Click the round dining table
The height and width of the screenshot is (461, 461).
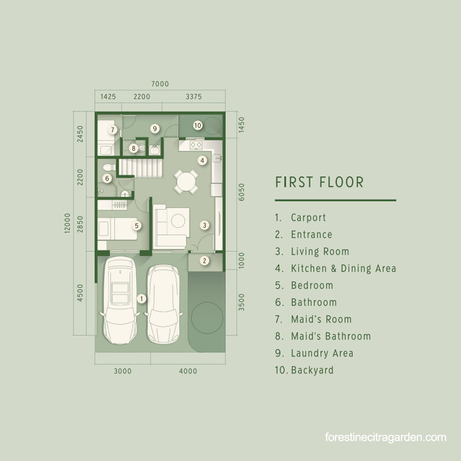(x=186, y=181)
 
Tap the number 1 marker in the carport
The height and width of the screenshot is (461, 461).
(x=142, y=299)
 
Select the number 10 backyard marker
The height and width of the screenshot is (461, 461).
(x=198, y=125)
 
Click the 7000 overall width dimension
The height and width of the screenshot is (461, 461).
(x=160, y=84)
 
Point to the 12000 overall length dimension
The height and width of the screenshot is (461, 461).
(x=67, y=223)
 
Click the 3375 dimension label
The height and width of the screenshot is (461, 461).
(x=194, y=97)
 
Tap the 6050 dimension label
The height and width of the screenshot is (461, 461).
(x=241, y=192)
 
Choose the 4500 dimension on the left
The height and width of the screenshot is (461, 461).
(x=80, y=293)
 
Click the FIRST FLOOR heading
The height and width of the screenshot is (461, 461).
(x=319, y=182)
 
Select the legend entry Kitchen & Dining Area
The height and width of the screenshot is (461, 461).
(x=343, y=268)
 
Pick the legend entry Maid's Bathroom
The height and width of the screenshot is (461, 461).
(x=331, y=336)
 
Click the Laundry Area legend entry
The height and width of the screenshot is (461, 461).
(x=322, y=353)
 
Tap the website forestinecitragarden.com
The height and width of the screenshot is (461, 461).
(x=385, y=437)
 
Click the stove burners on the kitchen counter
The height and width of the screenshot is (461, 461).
(x=196, y=145)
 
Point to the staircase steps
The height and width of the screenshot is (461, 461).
(x=140, y=168)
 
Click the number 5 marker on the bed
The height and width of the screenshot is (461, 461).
(x=136, y=226)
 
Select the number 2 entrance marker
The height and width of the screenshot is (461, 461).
(x=205, y=260)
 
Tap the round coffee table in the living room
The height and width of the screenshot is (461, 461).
(x=178, y=221)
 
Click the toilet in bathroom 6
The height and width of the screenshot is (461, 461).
(x=109, y=167)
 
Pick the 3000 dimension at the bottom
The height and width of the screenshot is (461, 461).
(x=123, y=371)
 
